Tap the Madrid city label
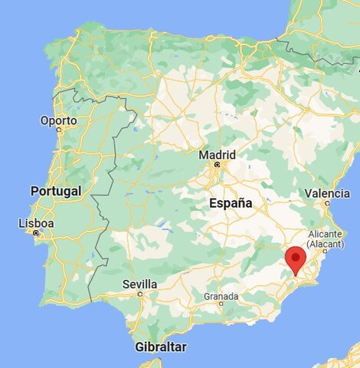pyautogui.click(x=218, y=154)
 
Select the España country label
pyautogui.click(x=231, y=203)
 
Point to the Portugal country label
pyautogui.click(x=55, y=191)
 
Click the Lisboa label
pyautogui.click(x=37, y=223)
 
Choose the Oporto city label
pyautogui.click(x=59, y=121)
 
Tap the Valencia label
pyautogui.click(x=327, y=193)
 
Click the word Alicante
pyautogui.click(x=330, y=233)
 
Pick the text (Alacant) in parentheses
pyautogui.click(x=330, y=243)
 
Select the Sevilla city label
pyautogui.click(x=139, y=284)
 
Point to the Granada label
pyautogui.click(x=221, y=296)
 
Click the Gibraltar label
pyautogui.click(x=160, y=347)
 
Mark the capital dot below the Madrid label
pyautogui.click(x=217, y=164)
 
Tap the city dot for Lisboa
pyautogui.click(x=36, y=232)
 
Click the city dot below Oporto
pyautogui.click(x=59, y=130)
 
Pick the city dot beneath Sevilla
pyautogui.click(x=139, y=293)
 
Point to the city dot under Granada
pyautogui.click(x=221, y=304)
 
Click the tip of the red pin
pyautogui.click(x=295, y=275)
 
